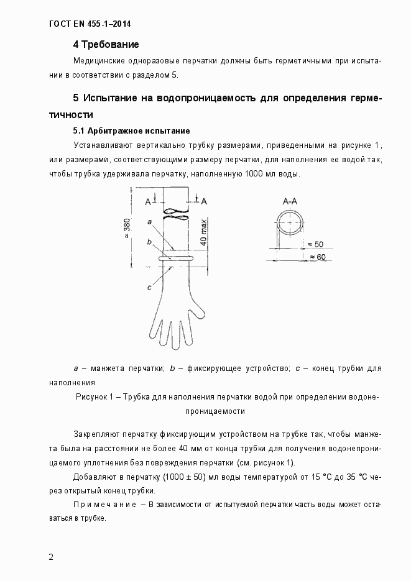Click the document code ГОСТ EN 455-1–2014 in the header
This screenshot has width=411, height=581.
(x=90, y=25)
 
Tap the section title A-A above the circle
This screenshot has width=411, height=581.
(x=290, y=201)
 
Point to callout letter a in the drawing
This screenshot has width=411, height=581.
(x=150, y=221)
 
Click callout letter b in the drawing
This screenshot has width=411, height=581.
(x=149, y=242)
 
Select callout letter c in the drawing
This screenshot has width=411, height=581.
(x=149, y=287)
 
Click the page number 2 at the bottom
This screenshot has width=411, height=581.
(x=51, y=556)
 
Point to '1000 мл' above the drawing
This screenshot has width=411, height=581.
(x=255, y=173)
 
